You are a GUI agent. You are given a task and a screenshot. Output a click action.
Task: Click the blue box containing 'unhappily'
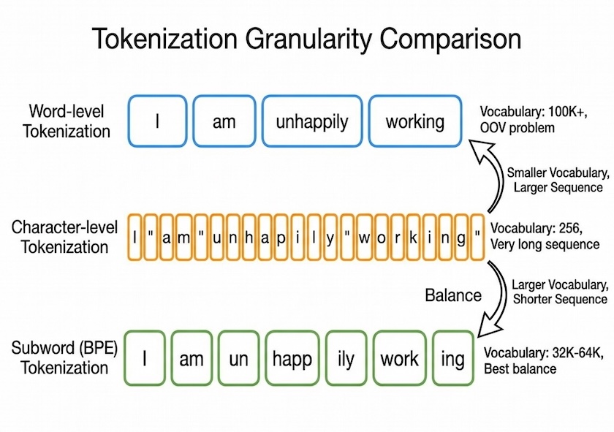coord(312,121)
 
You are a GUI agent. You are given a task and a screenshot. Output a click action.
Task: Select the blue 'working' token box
coord(414,121)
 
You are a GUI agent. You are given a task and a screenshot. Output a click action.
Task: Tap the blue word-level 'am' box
coord(224,121)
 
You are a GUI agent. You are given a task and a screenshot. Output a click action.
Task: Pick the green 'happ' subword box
coord(292,358)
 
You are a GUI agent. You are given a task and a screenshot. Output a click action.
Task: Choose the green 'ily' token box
coord(345,358)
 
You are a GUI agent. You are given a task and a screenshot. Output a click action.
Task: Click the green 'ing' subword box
coord(452,358)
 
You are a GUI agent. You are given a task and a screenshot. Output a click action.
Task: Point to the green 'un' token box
coord(238,358)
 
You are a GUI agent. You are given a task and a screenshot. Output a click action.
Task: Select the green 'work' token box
coord(399,358)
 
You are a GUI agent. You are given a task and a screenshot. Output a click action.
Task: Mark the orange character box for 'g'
coord(462,238)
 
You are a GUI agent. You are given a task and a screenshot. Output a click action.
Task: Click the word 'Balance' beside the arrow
coord(453,295)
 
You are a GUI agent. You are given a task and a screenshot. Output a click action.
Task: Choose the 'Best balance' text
coord(520,369)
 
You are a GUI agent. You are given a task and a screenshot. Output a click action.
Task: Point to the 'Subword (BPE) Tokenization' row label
coord(64,357)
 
